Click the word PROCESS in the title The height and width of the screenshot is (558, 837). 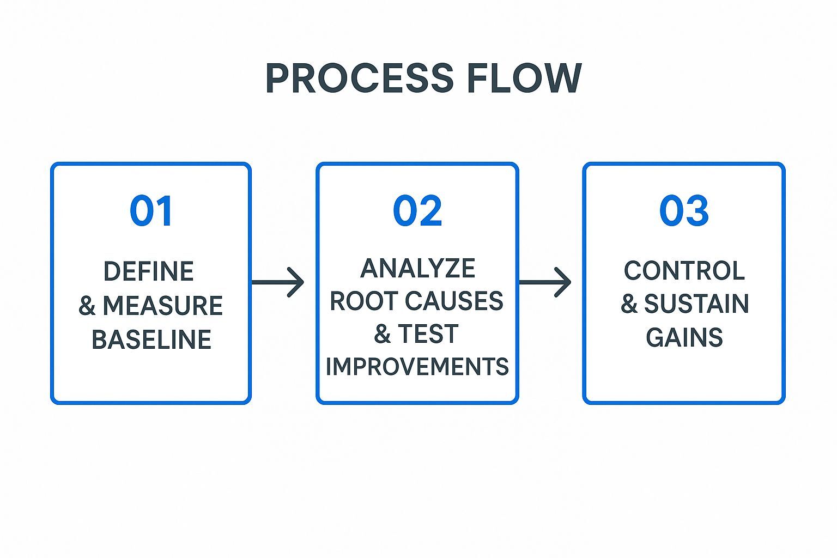pyautogui.click(x=359, y=78)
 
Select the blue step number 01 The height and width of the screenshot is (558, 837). pyautogui.click(x=151, y=211)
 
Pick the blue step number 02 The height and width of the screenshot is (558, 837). pyautogui.click(x=417, y=211)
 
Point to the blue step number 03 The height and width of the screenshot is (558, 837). pyautogui.click(x=684, y=211)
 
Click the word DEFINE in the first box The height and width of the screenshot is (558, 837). pyautogui.click(x=149, y=271)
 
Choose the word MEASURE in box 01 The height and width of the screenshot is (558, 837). pyautogui.click(x=162, y=306)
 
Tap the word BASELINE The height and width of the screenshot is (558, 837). pyautogui.click(x=151, y=339)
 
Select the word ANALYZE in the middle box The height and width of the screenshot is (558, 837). pyautogui.click(x=417, y=268)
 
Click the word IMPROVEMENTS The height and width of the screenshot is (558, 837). pyautogui.click(x=417, y=366)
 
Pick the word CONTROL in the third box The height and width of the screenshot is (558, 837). pyautogui.click(x=684, y=271)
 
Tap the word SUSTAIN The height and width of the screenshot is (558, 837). pyautogui.click(x=696, y=304)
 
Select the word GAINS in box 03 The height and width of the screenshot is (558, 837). pyautogui.click(x=684, y=337)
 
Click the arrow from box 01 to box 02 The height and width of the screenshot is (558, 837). pyautogui.click(x=278, y=282)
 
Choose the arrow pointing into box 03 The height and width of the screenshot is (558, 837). pyautogui.click(x=545, y=282)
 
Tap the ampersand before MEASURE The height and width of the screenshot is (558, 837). pyautogui.click(x=87, y=306)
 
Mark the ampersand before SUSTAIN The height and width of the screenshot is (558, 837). pyautogui.click(x=629, y=304)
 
